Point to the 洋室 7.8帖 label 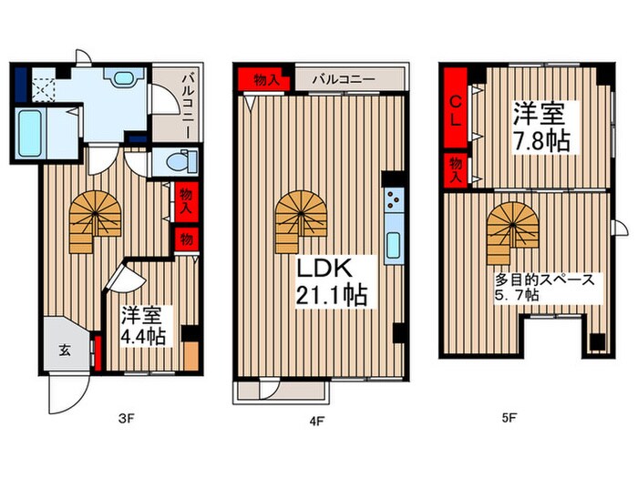pos(538,128)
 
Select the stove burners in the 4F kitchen pos(393,203)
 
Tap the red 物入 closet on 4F pos(262,79)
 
